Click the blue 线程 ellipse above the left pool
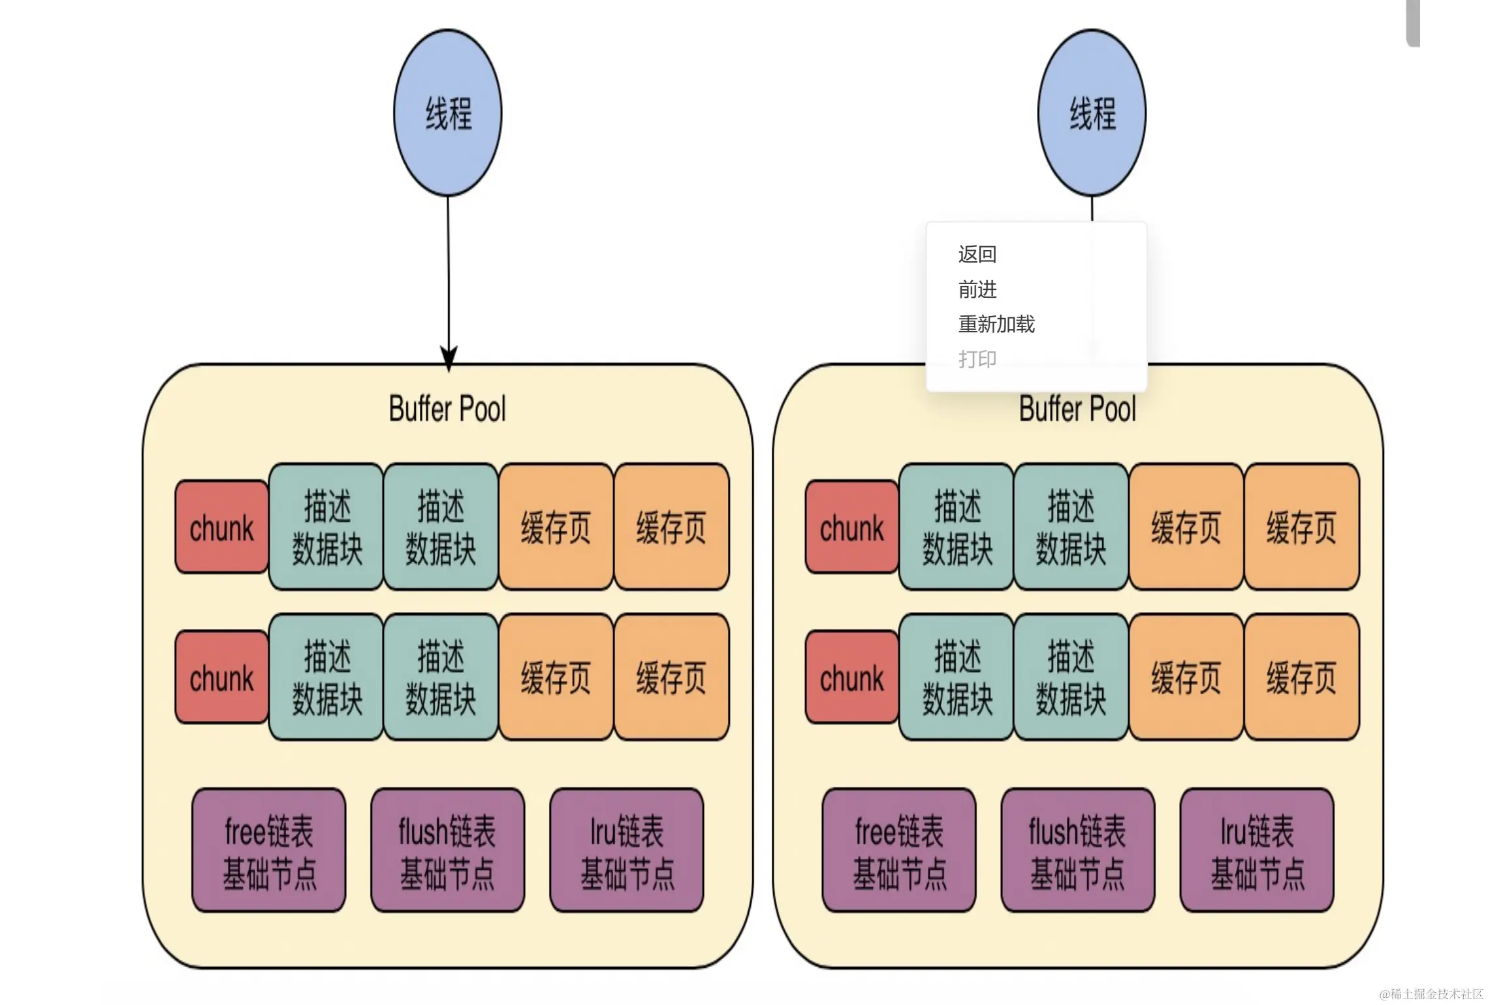(x=448, y=112)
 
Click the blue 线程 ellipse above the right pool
(x=1092, y=112)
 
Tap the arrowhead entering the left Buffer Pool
(x=449, y=358)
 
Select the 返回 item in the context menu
(x=977, y=254)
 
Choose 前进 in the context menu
(x=977, y=289)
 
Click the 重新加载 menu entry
(x=996, y=324)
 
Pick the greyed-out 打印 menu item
(x=977, y=359)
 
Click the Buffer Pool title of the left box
(x=447, y=409)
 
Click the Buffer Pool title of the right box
(x=1077, y=409)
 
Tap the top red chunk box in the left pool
(x=221, y=527)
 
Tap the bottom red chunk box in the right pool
(x=851, y=677)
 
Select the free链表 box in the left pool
(x=268, y=850)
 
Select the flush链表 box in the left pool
(x=447, y=850)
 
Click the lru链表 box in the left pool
(x=627, y=850)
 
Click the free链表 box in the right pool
(x=898, y=850)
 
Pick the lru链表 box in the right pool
(x=1257, y=850)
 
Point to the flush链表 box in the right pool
(x=1077, y=850)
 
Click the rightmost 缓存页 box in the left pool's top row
(x=671, y=527)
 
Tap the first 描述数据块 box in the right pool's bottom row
(x=957, y=677)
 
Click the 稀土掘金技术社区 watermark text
(x=1431, y=994)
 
